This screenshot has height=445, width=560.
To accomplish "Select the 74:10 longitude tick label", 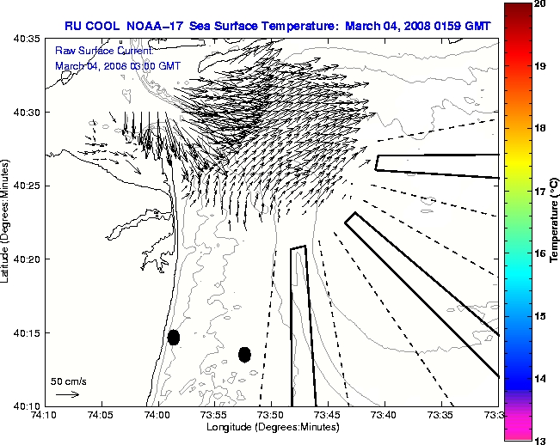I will [45, 415].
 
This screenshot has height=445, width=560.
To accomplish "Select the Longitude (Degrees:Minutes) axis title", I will [271, 426].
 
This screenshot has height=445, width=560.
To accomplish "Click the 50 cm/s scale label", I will [69, 381].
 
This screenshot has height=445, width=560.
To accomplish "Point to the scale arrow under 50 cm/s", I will [67, 394].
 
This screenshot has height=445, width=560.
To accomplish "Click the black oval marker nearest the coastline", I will [174, 337].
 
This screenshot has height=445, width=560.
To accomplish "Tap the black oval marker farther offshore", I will [244, 354].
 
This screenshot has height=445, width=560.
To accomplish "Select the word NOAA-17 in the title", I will [155, 25].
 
